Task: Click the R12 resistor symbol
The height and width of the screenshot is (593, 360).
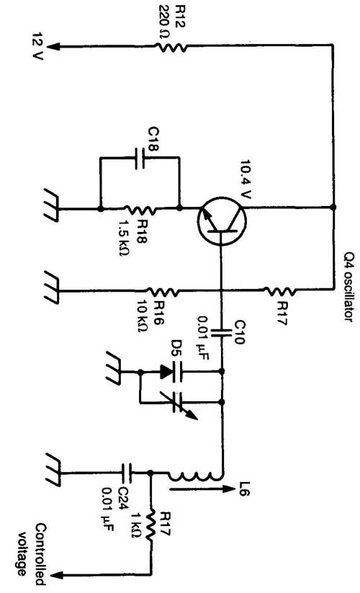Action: (x=171, y=48)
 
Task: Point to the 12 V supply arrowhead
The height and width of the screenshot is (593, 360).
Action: (x=55, y=47)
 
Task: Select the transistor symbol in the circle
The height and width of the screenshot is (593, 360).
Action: (x=222, y=221)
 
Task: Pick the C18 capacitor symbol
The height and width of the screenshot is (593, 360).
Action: (x=140, y=158)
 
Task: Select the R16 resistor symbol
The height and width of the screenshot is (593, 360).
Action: (x=163, y=292)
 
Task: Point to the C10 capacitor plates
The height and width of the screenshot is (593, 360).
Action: (x=221, y=333)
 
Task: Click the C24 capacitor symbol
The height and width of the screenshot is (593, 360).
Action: (x=127, y=473)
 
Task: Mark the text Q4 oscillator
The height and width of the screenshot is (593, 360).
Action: (x=349, y=287)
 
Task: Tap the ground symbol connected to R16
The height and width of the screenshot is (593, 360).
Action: (x=52, y=287)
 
